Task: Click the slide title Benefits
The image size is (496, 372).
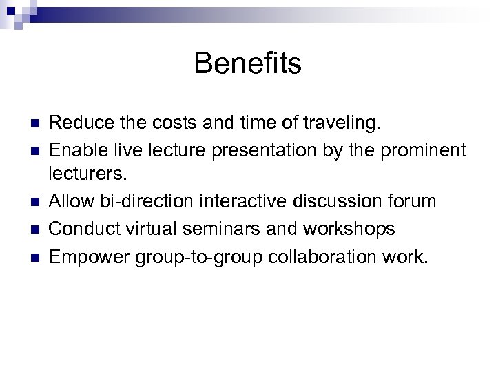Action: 247,63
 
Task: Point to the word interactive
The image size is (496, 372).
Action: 254,202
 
